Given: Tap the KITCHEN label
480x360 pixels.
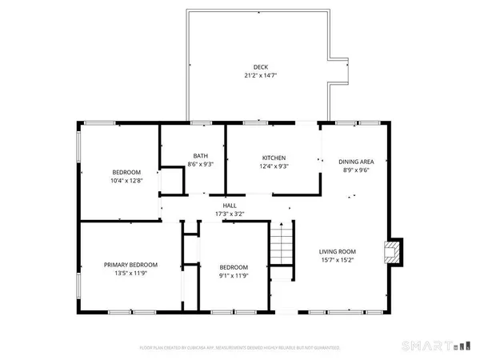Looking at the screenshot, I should click(274, 158).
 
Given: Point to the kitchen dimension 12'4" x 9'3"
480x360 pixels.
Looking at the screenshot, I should click(274, 166).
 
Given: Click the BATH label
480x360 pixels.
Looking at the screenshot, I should click(201, 156).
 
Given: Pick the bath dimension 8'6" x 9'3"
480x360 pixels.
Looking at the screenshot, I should click(201, 164).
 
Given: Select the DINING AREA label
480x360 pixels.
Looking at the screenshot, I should click(357, 161).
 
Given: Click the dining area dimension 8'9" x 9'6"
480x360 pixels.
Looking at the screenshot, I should click(357, 170).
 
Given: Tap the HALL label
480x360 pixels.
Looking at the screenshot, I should click(229, 206).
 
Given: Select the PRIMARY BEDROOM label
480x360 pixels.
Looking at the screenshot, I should click(130, 265).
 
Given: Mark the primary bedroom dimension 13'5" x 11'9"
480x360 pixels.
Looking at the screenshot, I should click(130, 274).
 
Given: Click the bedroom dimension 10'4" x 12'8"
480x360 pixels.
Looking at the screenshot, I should click(126, 182).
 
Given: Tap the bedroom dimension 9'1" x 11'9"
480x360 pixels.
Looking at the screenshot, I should click(234, 276).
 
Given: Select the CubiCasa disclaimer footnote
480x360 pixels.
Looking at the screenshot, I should click(240, 348).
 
